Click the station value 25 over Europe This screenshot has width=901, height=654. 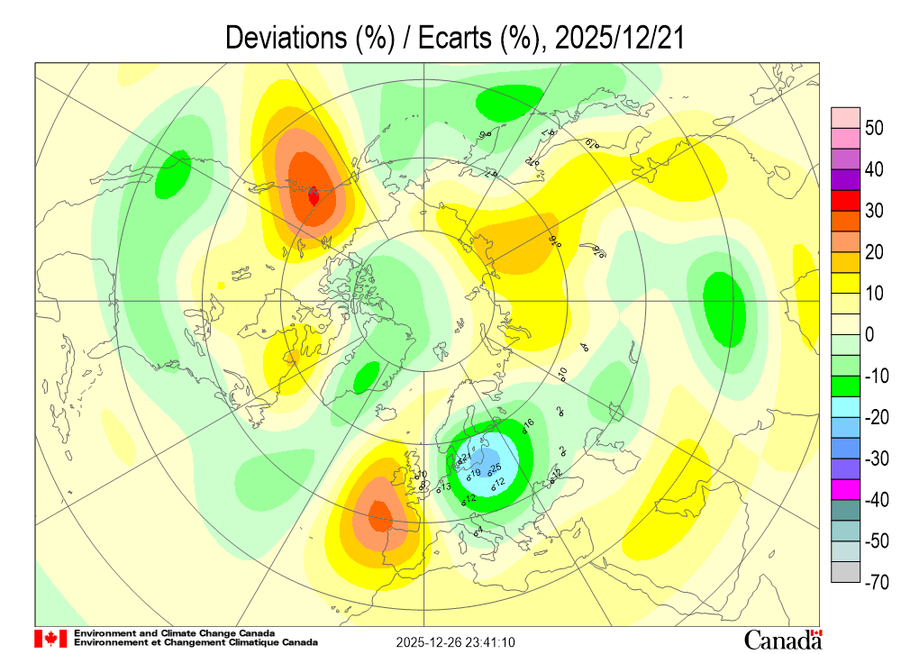[x=495, y=468]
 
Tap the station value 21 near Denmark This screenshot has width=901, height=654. [x=465, y=458]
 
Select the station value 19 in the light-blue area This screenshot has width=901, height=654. [x=475, y=473]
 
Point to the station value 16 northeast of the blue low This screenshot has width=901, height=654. [x=529, y=423]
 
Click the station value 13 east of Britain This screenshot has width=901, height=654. [x=444, y=487]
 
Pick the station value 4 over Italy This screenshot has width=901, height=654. [x=480, y=531]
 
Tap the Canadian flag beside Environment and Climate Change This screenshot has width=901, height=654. [x=50, y=639]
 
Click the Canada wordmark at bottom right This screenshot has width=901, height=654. [x=782, y=639]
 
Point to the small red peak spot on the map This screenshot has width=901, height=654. [x=314, y=195]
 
